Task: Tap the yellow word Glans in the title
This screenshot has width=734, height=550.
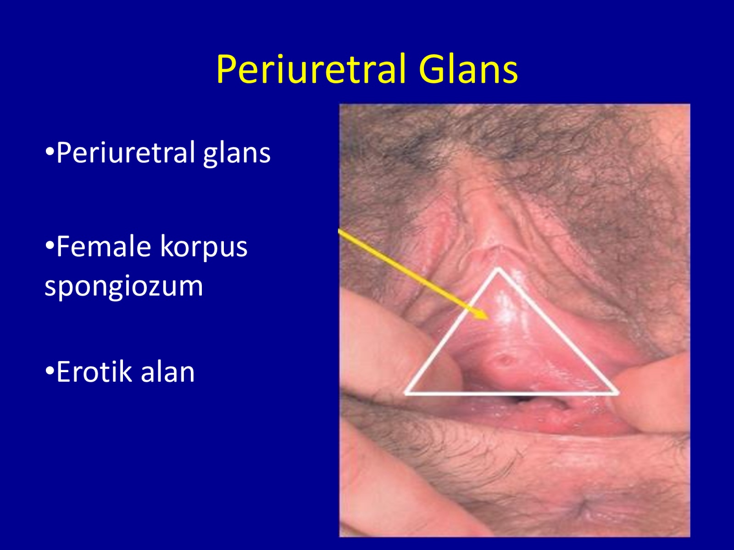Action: coord(468,70)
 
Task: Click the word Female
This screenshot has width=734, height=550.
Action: coord(104,247)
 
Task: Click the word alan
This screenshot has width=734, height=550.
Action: coord(167,372)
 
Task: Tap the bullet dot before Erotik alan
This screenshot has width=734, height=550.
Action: coord(50,371)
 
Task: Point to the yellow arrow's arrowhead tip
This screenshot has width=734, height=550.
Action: coord(489,319)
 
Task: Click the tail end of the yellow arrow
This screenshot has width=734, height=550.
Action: coord(339,230)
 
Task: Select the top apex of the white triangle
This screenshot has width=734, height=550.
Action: coord(498,268)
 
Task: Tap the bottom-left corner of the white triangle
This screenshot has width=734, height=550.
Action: coord(405,393)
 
